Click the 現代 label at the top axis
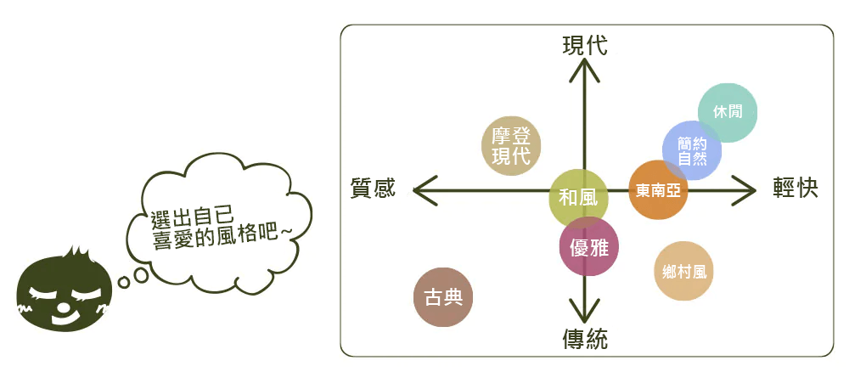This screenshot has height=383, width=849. tap(585, 46)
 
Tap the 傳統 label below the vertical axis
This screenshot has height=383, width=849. tap(585, 340)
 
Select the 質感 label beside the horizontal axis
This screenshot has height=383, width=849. tap(373, 189)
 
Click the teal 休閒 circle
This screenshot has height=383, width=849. tap(728, 113)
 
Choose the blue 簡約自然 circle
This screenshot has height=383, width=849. tap(692, 150)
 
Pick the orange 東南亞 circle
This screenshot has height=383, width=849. tap(658, 190)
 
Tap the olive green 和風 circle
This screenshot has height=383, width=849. tap(578, 198)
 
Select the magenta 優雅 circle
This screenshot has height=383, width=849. tap(588, 246)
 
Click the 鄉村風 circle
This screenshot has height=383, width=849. tap(683, 271)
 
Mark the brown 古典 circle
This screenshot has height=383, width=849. tap(443, 297)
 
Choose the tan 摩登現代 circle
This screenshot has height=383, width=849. tap(511, 146)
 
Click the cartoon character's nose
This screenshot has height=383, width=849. tap(64, 307)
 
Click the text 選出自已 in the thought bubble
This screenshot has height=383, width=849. tap(192, 218)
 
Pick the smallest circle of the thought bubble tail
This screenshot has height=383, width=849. tap(124, 282)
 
